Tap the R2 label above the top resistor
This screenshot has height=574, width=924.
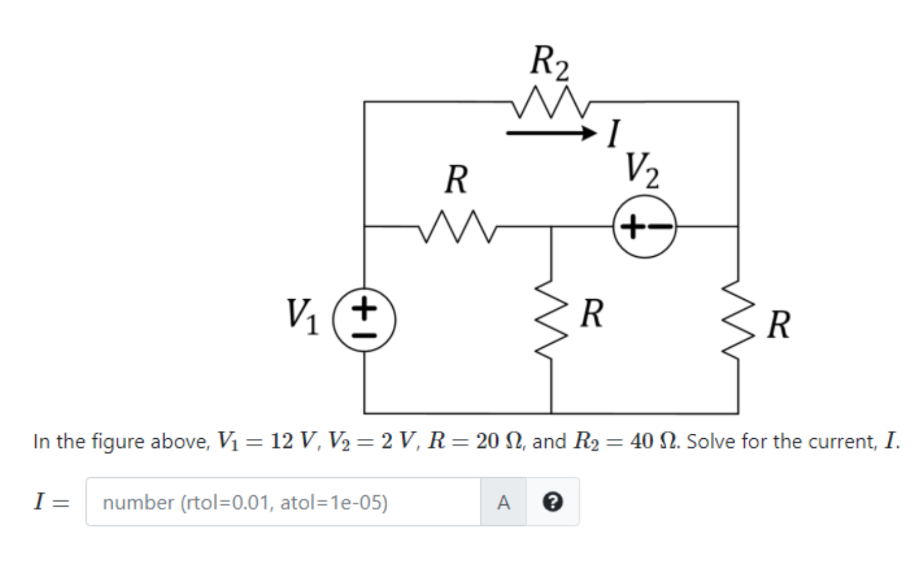coord(549,63)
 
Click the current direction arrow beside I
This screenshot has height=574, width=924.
coord(551,133)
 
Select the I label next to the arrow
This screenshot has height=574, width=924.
coord(614,134)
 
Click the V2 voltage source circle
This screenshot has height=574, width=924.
coord(644,227)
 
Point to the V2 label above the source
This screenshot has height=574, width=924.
coord(642,170)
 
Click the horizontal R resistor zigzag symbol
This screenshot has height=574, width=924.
coord(457,227)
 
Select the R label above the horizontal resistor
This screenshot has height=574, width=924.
coord(456,179)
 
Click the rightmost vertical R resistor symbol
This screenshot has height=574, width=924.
coord(738,320)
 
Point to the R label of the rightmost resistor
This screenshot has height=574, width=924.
coord(778,324)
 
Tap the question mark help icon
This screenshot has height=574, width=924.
coord(553,502)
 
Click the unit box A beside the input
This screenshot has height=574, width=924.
coord(504,502)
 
